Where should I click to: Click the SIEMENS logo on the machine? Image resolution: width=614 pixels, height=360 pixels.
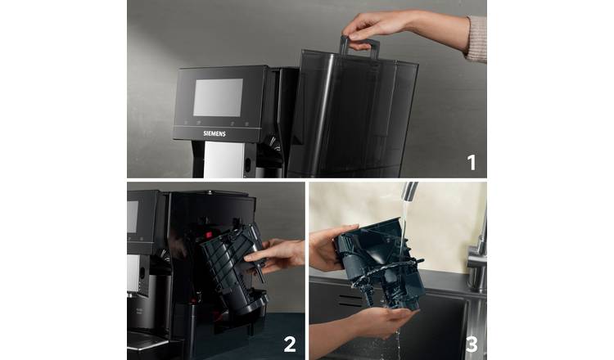(214, 132)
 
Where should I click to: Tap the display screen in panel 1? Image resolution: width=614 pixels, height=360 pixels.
(217, 97)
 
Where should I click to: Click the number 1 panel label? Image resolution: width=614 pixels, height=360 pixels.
(471, 161)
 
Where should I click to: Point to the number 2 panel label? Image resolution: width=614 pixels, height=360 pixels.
(289, 344)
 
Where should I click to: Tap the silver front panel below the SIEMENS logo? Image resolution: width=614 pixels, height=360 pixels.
(219, 160)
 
